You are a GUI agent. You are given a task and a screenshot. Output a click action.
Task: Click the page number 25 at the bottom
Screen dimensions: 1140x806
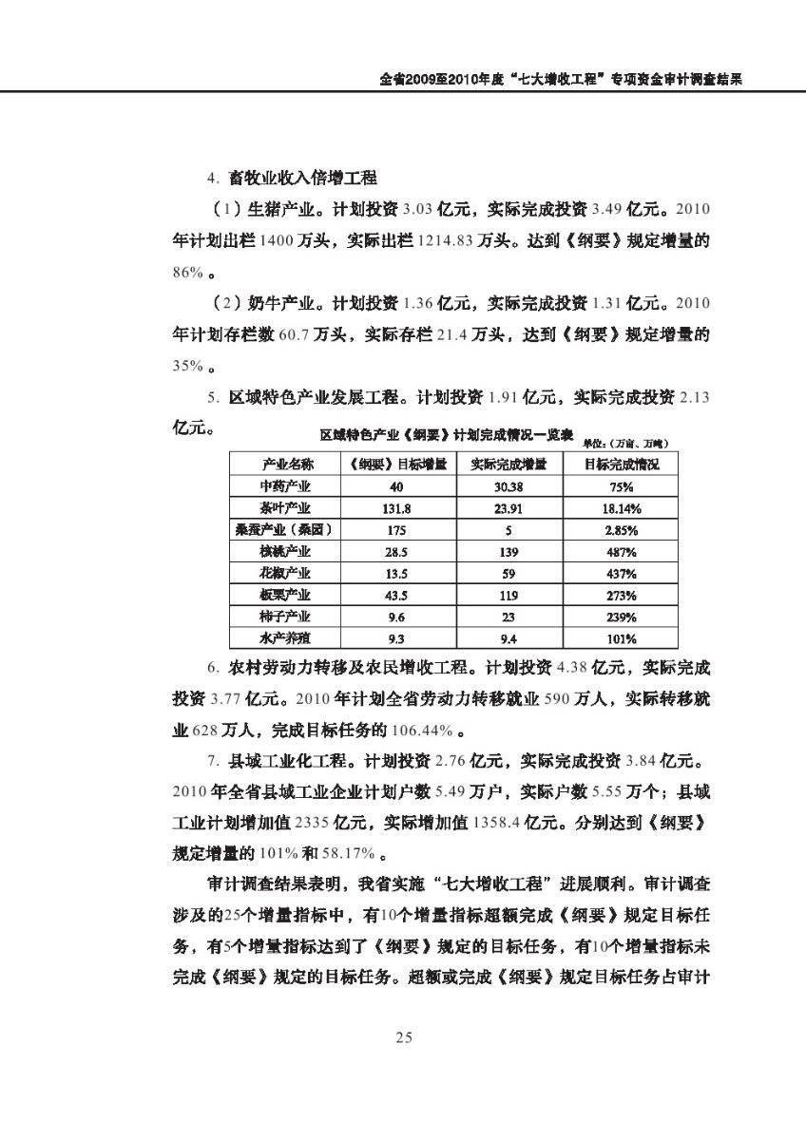click(x=403, y=1037)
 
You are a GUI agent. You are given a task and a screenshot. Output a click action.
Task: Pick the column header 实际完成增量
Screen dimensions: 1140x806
click(x=509, y=465)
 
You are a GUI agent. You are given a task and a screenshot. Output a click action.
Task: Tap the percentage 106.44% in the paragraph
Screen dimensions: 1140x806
click(x=420, y=731)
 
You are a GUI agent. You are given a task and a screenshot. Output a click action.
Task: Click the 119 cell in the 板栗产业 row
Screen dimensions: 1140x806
click(x=509, y=596)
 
